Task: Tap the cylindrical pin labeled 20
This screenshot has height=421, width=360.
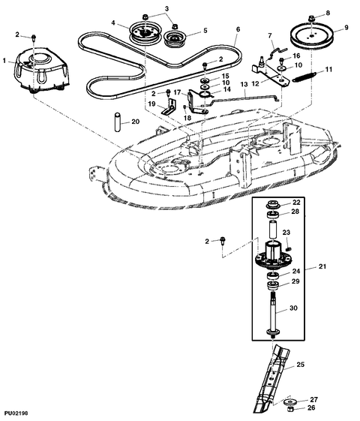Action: [x=116, y=121]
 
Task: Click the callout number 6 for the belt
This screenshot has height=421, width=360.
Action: [x=237, y=31]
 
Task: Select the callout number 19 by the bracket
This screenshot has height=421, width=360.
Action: [x=151, y=105]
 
